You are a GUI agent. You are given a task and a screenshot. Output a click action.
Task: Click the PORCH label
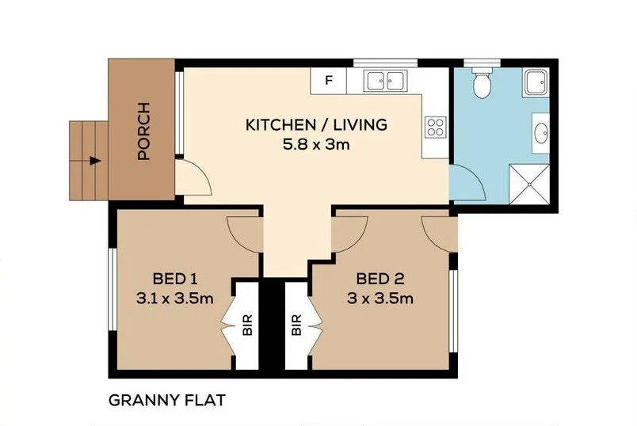pyautogui.click(x=143, y=132)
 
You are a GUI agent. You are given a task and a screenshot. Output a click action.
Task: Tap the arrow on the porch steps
pyautogui.click(x=94, y=160)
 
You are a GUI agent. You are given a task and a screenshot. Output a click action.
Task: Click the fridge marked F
pyautogui.click(x=329, y=79)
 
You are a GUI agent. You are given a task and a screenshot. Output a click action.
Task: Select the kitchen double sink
pyautogui.click(x=386, y=79)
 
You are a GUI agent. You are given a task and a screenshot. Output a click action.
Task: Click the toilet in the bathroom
pyautogui.click(x=481, y=82)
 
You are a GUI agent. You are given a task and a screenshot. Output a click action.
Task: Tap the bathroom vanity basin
pyautogui.click(x=541, y=132)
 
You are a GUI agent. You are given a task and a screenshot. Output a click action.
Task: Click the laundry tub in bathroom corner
pyautogui.click(x=536, y=82)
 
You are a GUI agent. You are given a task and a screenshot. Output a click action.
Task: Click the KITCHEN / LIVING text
pyautogui.click(x=315, y=125)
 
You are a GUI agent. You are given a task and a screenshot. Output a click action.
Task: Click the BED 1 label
pyautogui.click(x=174, y=279)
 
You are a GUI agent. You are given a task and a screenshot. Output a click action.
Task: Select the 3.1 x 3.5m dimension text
pyautogui.click(x=174, y=299)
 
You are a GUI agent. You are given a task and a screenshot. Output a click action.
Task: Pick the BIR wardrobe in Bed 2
pyautogui.click(x=298, y=325)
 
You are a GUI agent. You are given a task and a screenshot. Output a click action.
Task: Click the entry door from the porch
pyautogui.click(x=193, y=176)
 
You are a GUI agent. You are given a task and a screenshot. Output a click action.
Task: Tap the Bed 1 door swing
pyautogui.click(x=244, y=232)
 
